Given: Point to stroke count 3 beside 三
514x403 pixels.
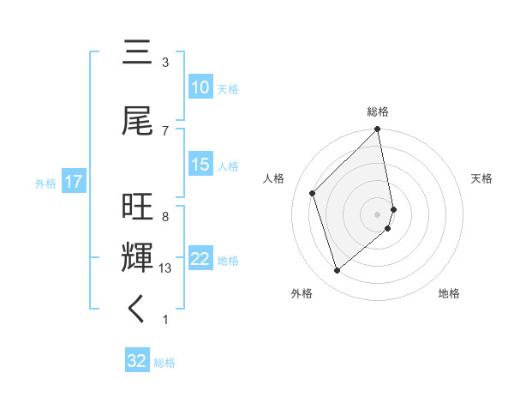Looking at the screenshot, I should tap(165, 63).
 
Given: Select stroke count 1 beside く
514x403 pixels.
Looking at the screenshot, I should tap(165, 320).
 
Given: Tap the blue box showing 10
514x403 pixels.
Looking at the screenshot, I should tap(200, 87).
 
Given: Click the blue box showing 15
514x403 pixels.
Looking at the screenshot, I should tap(200, 165).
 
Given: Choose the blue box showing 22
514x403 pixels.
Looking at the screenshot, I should tap(200, 260).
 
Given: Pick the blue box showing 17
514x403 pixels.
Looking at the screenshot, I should tap(73, 182).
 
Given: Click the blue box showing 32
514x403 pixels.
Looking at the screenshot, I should tap(137, 361).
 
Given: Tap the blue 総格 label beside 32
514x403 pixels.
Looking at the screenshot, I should tap(165, 363).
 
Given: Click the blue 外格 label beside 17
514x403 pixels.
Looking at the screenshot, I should tap(45, 183).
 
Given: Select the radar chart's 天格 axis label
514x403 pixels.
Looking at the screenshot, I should tap(481, 178).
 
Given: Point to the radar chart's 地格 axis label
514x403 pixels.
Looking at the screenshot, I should tap(449, 294).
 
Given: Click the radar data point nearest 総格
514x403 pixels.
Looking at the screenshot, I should tap(378, 129).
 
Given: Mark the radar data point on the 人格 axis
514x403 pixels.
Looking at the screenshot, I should tap(313, 193).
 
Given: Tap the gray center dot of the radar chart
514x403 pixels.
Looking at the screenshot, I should tap(378, 214).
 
